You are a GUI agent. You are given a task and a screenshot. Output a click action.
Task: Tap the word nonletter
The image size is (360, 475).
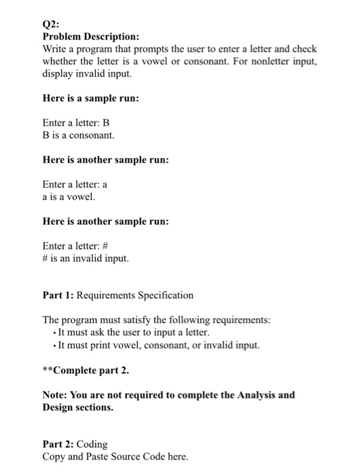coord(268,63)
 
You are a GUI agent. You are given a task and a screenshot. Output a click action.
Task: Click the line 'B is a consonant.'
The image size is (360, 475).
coord(79,136)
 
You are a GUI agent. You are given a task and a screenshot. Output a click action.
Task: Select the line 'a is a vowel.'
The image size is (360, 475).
coord(69,197)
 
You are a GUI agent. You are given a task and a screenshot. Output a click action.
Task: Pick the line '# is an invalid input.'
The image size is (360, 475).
coord(85,259)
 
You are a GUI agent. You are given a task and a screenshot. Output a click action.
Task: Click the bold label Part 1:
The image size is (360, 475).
coord(58,295)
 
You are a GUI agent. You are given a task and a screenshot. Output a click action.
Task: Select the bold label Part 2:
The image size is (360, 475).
coord(58,444)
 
